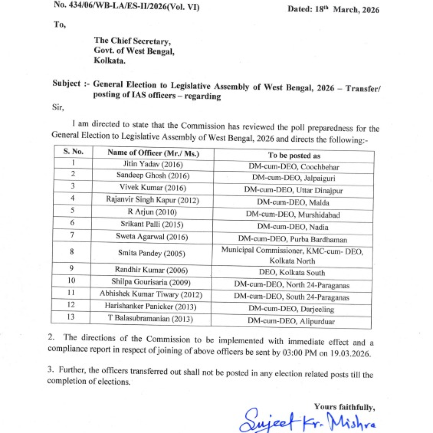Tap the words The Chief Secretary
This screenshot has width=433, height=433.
point(132,41)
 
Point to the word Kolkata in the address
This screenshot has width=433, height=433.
point(110,61)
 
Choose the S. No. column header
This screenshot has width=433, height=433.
point(73,151)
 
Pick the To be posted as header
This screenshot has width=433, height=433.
point(294,155)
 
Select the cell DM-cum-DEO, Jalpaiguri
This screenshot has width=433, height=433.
point(293,178)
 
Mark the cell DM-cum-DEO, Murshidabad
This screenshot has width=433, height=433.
point(293,214)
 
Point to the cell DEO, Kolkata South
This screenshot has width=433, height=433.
point(292,273)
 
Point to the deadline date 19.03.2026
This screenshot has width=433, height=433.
point(349,354)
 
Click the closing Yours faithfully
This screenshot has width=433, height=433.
point(344,407)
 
